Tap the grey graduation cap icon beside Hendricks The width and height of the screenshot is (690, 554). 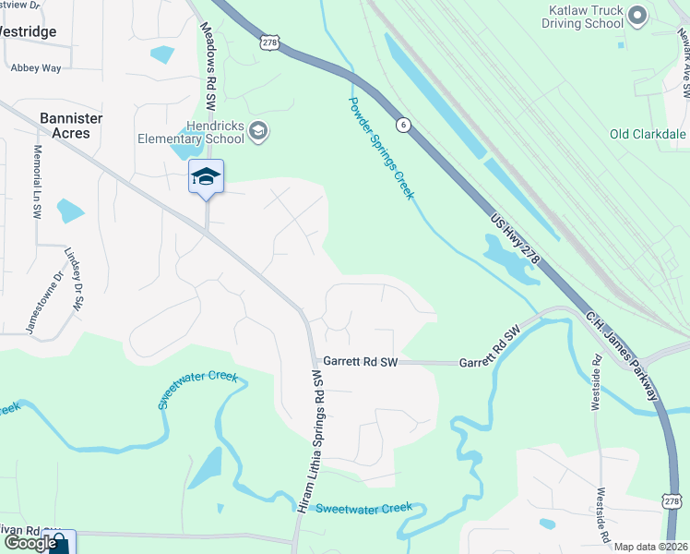coord(258,130)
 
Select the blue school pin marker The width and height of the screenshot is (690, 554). coord(207,177)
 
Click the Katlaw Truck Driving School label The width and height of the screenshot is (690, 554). coord(586,16)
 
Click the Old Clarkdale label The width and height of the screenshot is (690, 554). coord(648,134)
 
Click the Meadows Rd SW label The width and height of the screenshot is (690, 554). coord(209,60)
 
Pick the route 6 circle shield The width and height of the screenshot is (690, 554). coord(402,124)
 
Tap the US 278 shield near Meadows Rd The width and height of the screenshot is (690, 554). coord(269,42)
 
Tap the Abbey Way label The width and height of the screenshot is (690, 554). coord(35,67)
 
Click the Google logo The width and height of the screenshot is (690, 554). coord(30,543)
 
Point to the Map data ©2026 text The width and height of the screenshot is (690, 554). coord(649,547)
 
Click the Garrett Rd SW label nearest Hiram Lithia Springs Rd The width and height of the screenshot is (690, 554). coord(359,363)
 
